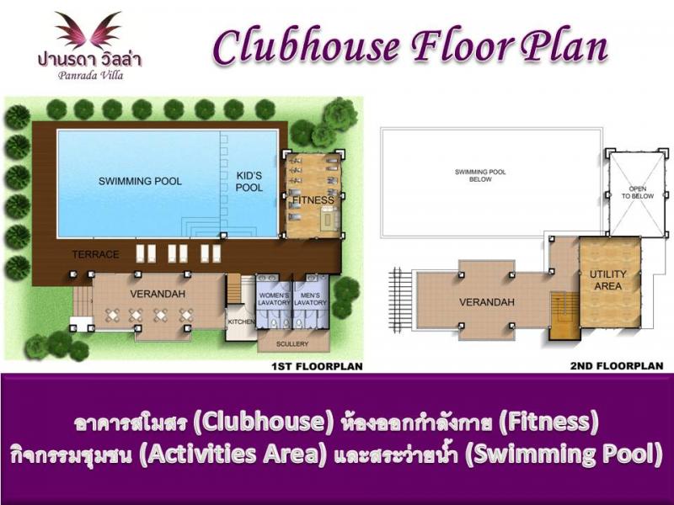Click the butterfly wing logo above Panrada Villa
pyautogui.click(x=89, y=30)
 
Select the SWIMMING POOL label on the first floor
pyautogui.click(x=140, y=181)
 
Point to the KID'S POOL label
pyautogui.click(x=249, y=182)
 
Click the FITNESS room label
pyautogui.click(x=313, y=200)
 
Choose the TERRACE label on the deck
pyautogui.click(x=95, y=255)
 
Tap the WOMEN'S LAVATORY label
pyautogui.click(x=274, y=299)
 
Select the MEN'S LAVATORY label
pyautogui.click(x=310, y=299)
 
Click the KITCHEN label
pyautogui.click(x=241, y=322)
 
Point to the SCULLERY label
pyautogui.click(x=292, y=344)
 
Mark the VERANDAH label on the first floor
pyautogui.click(x=158, y=294)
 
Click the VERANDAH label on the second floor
pyautogui.click(x=487, y=302)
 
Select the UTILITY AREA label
pyautogui.click(x=607, y=280)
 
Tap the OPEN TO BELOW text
pyautogui.click(x=638, y=193)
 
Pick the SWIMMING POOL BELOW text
pyautogui.click(x=480, y=176)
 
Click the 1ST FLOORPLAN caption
pyautogui.click(x=318, y=366)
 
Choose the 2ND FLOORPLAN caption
pyautogui.click(x=617, y=366)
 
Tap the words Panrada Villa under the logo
pyautogui.click(x=91, y=76)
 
